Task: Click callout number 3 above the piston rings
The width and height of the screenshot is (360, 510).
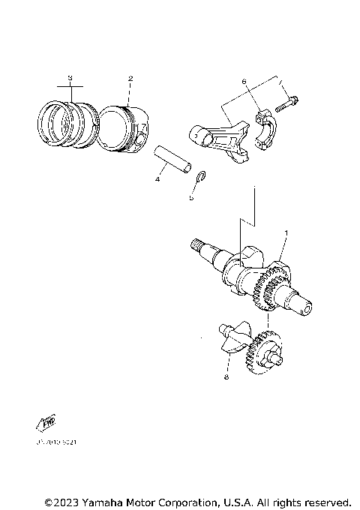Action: pos(70,78)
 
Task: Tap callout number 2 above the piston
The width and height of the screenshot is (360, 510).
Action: pos(130,79)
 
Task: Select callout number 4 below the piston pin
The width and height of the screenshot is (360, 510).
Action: pos(157,179)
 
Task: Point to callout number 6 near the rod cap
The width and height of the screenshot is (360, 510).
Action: pos(244,81)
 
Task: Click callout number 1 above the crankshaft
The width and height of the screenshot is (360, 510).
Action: pos(286,235)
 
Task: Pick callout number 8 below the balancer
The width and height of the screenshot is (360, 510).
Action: pos(226,379)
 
